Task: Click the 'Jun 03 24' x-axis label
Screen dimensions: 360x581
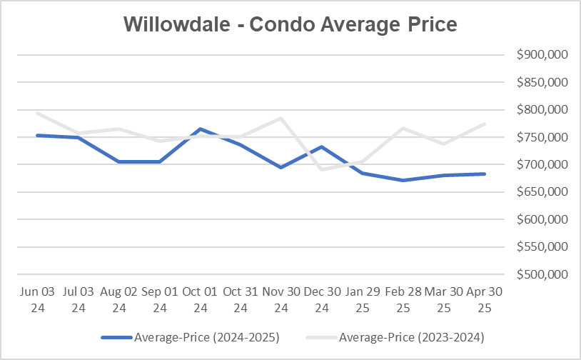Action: pos(37,300)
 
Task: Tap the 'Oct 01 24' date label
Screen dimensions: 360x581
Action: pos(201,300)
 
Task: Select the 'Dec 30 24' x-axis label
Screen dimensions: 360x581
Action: pos(323,300)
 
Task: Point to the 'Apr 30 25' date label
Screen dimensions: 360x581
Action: pos(485,300)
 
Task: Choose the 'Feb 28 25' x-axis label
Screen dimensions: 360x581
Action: pos(404,300)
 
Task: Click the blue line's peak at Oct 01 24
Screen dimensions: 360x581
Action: pos(201,129)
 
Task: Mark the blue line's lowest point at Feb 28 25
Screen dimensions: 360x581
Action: pos(404,180)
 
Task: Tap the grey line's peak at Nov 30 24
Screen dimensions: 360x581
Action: pos(282,118)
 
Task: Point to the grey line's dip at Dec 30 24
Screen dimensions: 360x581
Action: pos(323,169)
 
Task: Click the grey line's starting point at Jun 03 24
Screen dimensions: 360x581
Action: pos(37,113)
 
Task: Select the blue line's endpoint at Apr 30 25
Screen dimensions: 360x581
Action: pos(485,174)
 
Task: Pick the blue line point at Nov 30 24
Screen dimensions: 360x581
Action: pos(282,167)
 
